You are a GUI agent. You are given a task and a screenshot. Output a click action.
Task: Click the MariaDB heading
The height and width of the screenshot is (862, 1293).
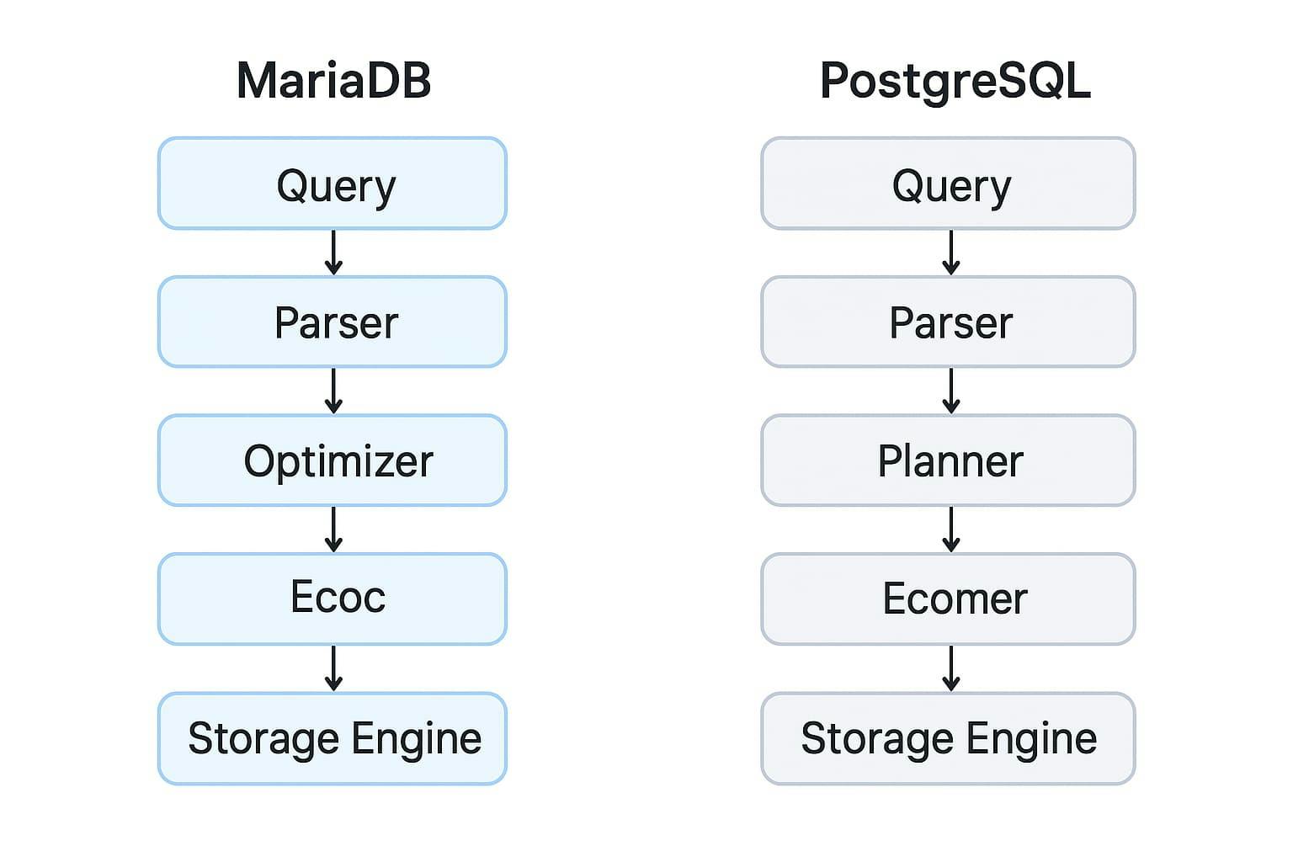click(x=333, y=81)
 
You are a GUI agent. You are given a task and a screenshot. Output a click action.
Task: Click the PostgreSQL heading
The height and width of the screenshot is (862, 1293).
click(x=955, y=81)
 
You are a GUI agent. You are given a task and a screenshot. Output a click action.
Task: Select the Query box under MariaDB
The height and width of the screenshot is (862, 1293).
click(x=333, y=184)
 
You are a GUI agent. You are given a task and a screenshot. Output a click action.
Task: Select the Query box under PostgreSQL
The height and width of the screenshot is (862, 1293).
click(x=948, y=184)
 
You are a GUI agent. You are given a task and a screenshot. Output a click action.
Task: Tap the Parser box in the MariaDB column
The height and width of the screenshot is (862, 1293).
click(x=333, y=322)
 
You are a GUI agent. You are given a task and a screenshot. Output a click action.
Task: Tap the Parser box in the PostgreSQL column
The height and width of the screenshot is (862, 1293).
click(x=948, y=322)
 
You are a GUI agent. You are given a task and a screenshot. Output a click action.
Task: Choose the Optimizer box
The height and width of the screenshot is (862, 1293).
click(x=333, y=460)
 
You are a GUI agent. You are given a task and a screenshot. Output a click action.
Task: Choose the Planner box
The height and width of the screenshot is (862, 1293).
click(x=948, y=460)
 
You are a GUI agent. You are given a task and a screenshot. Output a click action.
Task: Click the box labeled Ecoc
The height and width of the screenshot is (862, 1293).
click(x=333, y=599)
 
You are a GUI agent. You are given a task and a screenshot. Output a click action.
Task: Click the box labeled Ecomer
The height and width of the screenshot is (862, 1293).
click(x=948, y=599)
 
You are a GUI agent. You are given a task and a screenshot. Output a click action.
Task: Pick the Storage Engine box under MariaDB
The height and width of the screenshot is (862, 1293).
click(x=333, y=738)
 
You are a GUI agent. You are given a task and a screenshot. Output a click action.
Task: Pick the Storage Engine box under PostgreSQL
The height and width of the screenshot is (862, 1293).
click(x=948, y=738)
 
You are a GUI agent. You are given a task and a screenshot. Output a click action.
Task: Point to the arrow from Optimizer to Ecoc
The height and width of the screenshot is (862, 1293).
click(x=334, y=529)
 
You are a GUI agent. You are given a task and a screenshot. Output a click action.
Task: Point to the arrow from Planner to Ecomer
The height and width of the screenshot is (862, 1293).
click(x=951, y=529)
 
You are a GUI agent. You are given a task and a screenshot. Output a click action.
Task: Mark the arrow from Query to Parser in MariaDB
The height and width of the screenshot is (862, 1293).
click(x=334, y=253)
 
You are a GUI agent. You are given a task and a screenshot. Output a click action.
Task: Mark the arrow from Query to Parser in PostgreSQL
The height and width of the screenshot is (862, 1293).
click(x=951, y=253)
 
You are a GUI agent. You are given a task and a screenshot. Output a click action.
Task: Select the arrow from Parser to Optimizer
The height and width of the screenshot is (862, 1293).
click(x=334, y=391)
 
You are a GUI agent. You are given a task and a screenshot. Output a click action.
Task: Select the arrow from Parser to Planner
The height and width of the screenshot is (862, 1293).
click(x=951, y=391)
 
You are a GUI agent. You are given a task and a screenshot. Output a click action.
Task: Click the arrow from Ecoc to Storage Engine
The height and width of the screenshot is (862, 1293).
click(x=334, y=668)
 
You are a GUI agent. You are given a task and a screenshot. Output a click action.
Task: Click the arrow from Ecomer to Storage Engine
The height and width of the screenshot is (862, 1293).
click(x=951, y=668)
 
